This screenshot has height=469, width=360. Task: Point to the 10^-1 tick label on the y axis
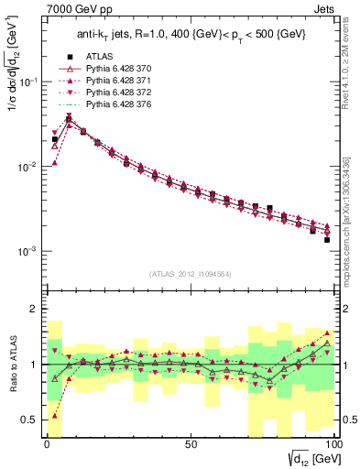(27, 82)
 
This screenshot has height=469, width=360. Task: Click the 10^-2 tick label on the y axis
(27, 167)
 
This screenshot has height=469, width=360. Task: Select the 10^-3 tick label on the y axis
(27, 251)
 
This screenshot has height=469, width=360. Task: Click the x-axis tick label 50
(191, 443)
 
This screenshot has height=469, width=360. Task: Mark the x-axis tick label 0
(47, 443)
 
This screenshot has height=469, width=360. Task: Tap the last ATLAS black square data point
(326, 240)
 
